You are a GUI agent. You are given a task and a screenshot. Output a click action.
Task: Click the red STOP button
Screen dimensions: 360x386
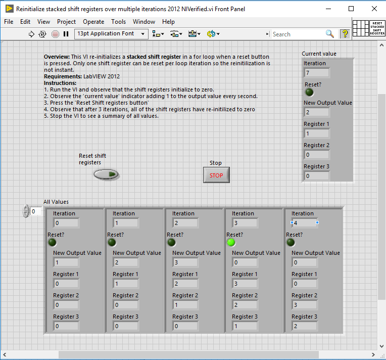click(x=216, y=175)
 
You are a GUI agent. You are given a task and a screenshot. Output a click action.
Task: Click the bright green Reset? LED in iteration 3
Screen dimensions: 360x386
click(x=231, y=242)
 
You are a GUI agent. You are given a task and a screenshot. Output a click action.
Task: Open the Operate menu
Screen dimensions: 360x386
click(x=93, y=22)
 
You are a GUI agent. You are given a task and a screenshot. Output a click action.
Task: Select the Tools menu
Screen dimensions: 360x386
click(x=119, y=22)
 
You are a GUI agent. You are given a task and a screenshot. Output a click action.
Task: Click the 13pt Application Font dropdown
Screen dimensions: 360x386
click(x=111, y=34)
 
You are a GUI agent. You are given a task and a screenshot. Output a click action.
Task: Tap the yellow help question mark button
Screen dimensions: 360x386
click(x=345, y=34)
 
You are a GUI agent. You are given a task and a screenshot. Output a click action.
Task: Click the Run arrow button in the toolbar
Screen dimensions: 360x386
click(x=31, y=34)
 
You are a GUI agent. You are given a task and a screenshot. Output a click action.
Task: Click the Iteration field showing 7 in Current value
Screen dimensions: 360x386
click(x=316, y=73)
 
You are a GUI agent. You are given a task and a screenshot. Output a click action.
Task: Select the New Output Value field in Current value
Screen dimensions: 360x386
click(x=316, y=112)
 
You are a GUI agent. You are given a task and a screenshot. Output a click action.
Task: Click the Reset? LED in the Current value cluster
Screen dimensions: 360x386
click(x=309, y=93)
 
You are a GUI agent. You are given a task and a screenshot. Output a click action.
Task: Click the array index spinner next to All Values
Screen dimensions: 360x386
click(x=26, y=211)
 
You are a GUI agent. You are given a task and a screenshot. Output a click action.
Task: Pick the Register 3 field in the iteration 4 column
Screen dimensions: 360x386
click(x=304, y=326)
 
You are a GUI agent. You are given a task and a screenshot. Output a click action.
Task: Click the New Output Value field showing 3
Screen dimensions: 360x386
click(x=185, y=262)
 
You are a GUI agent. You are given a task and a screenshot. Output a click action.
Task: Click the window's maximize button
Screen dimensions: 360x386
click(x=351, y=9)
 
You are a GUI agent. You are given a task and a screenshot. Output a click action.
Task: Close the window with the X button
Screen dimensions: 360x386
click(x=374, y=9)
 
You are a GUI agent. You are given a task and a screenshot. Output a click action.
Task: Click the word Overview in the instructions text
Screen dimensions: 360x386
click(x=56, y=57)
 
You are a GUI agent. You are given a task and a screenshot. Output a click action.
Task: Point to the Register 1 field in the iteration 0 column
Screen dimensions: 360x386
click(x=66, y=284)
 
